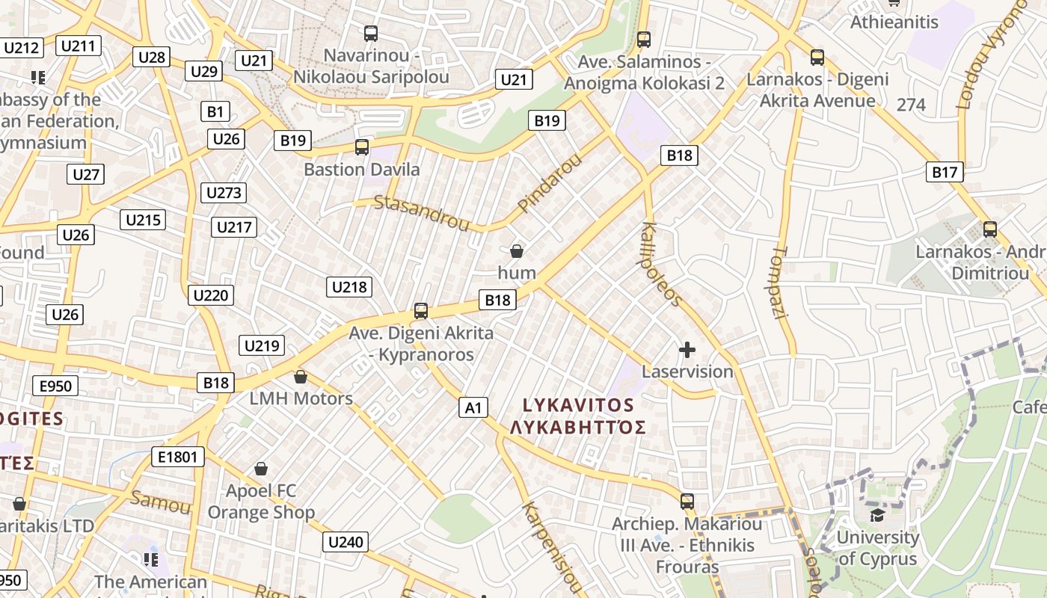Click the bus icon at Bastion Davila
click(x=362, y=147)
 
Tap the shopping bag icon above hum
click(x=517, y=251)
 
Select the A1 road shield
click(x=473, y=407)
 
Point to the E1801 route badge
click(x=177, y=457)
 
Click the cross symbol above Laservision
click(x=687, y=349)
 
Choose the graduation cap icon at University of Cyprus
click(x=877, y=515)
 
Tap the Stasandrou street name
click(x=421, y=212)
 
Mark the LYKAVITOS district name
click(x=578, y=405)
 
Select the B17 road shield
click(x=945, y=172)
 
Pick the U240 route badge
click(x=346, y=542)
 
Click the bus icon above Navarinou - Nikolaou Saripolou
click(x=371, y=34)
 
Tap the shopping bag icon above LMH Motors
click(x=301, y=377)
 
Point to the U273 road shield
click(x=224, y=193)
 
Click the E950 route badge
click(x=55, y=386)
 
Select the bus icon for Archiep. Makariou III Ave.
click(x=687, y=502)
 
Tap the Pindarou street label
click(x=550, y=182)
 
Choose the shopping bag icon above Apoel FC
click(x=261, y=469)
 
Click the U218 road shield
click(x=349, y=286)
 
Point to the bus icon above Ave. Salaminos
click(x=644, y=40)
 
